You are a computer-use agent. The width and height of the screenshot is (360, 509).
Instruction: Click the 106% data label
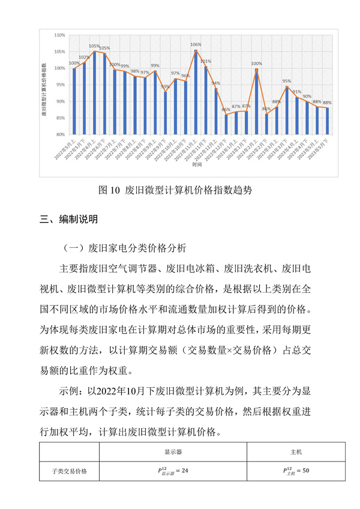(x=196, y=44)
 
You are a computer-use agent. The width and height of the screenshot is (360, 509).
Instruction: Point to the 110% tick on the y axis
(x=60, y=35)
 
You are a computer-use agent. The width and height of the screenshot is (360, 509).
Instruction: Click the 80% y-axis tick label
(x=61, y=134)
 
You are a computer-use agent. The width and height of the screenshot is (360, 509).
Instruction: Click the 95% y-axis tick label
(x=61, y=85)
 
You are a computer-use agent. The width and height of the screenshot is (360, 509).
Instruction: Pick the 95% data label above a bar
(x=287, y=80)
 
